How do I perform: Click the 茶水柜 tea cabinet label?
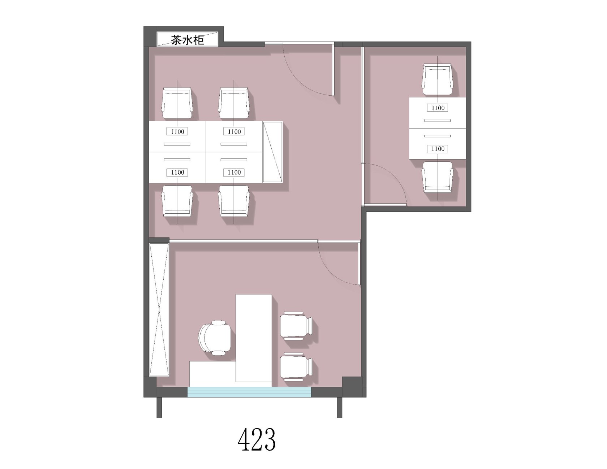188,39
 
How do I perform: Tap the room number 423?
257,439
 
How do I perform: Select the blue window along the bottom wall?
249,392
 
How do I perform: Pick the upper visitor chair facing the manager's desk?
297,325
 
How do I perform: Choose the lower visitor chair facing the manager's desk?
297,367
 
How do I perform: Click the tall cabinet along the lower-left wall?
159,309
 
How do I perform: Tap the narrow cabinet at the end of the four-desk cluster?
273,152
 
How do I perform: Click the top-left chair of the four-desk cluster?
177,103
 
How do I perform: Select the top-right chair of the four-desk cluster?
234,103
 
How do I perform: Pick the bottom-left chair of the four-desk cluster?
177,201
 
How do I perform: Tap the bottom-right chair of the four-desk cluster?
234,201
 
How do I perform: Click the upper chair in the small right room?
438,79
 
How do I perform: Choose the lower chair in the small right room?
438,177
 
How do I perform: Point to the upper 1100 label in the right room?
438,108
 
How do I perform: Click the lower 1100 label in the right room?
438,148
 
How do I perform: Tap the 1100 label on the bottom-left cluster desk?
177,172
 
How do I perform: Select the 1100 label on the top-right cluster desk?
234,131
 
